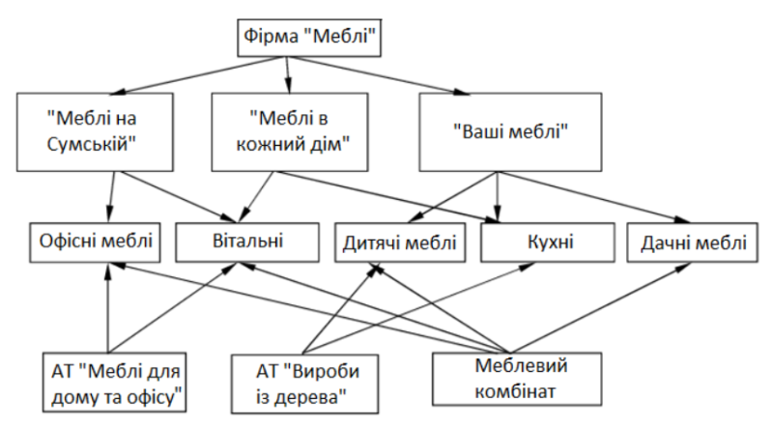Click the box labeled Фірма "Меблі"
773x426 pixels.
[x=309, y=38]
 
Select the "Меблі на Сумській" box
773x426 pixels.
[x=95, y=132]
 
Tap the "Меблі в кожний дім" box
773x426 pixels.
[x=290, y=132]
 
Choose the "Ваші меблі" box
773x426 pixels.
[x=510, y=132]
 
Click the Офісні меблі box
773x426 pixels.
[x=95, y=242]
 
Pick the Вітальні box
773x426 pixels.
[x=247, y=242]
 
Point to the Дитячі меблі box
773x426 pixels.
[x=400, y=242]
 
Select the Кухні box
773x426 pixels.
[x=548, y=242]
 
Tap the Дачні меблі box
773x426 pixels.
[x=692, y=242]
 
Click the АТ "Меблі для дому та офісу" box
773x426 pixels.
[x=114, y=383]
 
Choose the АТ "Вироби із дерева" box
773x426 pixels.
[x=305, y=383]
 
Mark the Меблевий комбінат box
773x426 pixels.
[x=517, y=380]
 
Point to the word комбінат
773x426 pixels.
[x=515, y=391]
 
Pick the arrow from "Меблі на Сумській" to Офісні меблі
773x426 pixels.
[x=111, y=197]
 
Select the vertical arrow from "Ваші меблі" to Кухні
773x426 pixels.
[x=497, y=197]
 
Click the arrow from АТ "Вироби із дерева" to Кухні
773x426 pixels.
[x=418, y=309]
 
